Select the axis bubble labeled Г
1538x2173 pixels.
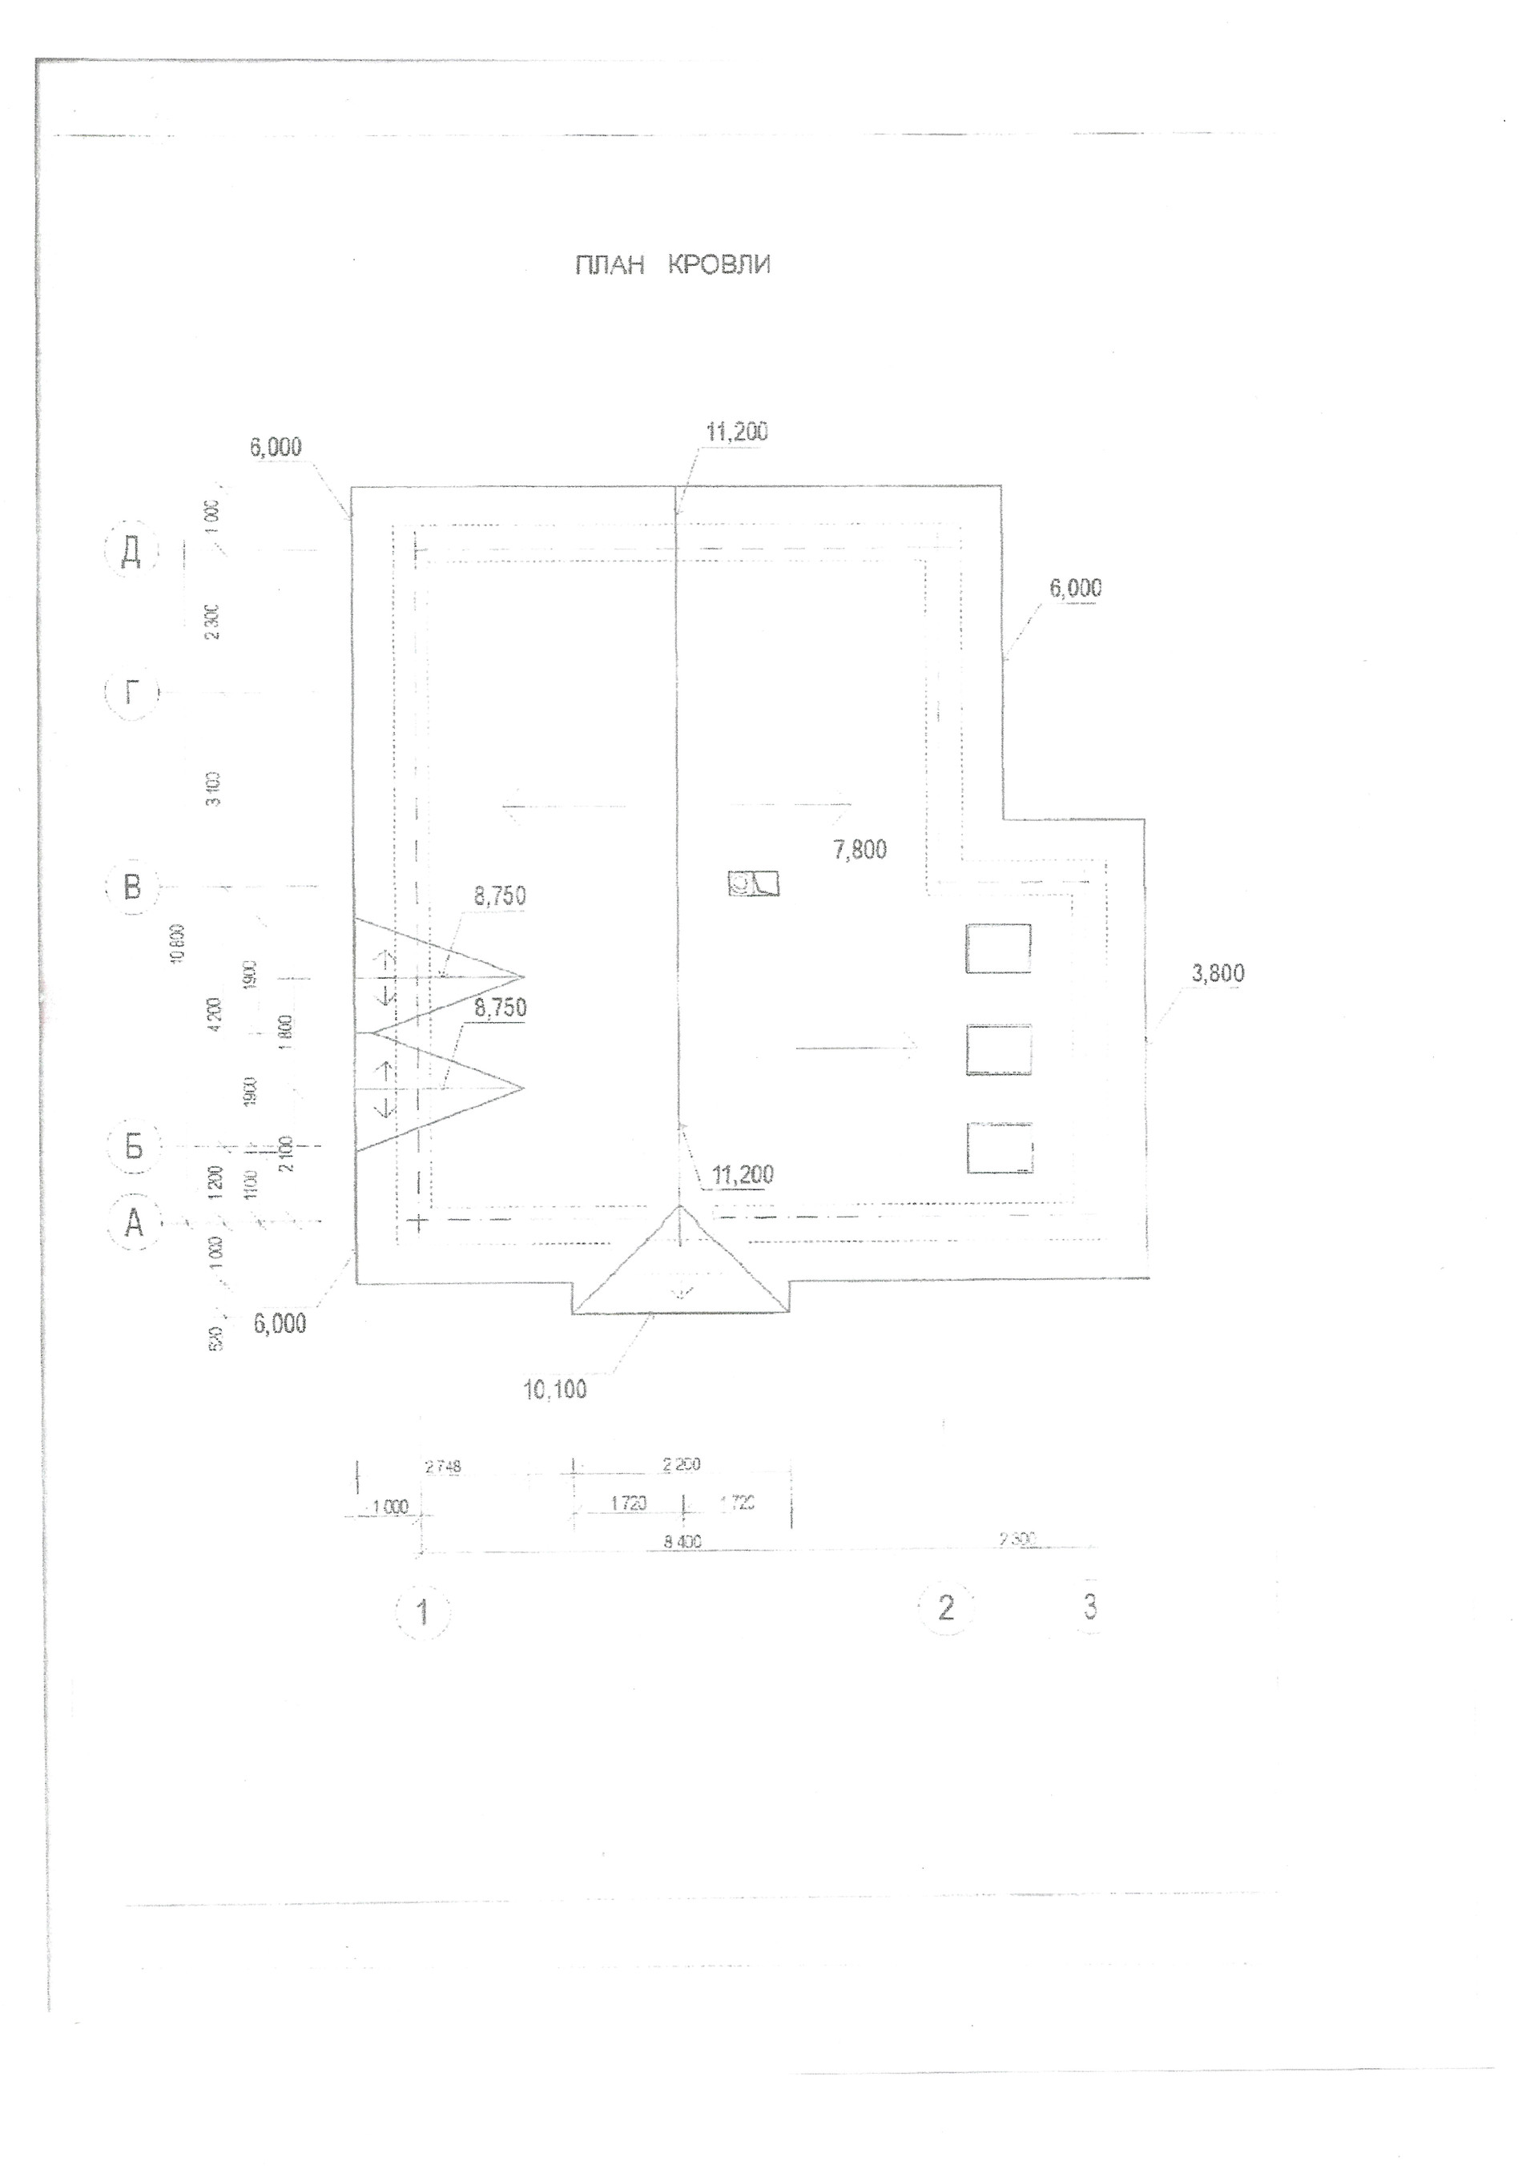pos(131,693)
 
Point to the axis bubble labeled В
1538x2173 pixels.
pos(131,887)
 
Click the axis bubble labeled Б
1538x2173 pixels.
pos(134,1147)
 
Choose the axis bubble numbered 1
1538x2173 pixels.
pos(422,1611)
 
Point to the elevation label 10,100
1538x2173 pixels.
pos(555,1390)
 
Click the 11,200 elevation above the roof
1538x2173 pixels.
pos(737,433)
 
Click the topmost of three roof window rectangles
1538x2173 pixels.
pos(998,948)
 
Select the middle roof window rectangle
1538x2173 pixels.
pos(998,1049)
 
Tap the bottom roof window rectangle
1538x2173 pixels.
pos(999,1149)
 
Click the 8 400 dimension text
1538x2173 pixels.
pos(682,1543)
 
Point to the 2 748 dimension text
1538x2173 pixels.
pos(443,1468)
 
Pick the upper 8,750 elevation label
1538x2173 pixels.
pos(500,896)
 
